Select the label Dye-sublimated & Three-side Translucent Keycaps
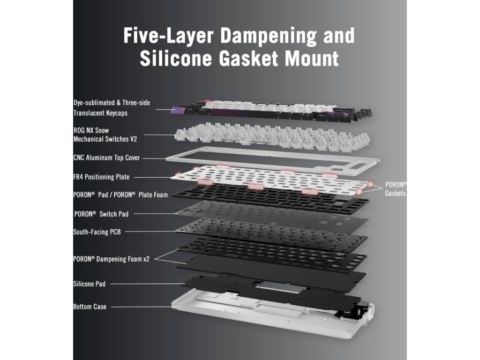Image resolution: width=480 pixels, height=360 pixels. [x=112, y=107]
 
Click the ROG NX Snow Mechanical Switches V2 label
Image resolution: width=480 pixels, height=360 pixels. [x=105, y=134]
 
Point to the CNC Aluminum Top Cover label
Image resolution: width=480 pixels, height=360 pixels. [x=106, y=158]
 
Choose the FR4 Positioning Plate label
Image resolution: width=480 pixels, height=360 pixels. [x=101, y=177]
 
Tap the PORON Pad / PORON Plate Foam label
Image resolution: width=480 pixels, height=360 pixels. [x=120, y=195]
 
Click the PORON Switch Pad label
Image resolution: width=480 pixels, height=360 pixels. [x=101, y=214]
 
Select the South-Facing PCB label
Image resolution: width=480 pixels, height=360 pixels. [x=97, y=232]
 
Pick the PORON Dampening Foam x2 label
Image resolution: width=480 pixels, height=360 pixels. [x=111, y=258]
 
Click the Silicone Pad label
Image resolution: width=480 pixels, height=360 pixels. [x=89, y=284]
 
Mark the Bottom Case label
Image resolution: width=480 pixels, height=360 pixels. [x=90, y=307]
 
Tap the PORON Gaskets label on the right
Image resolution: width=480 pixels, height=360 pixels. [x=396, y=188]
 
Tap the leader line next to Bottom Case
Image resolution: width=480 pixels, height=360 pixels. [x=141, y=307]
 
